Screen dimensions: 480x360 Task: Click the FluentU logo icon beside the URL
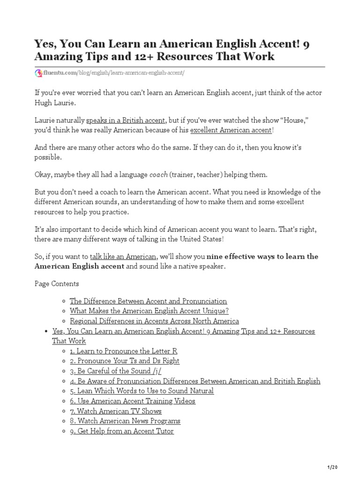[x=38, y=73]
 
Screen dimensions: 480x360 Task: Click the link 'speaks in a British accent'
[x=126, y=120]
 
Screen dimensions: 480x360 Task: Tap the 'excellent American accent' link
[x=231, y=130]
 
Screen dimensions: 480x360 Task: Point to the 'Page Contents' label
[x=57, y=284]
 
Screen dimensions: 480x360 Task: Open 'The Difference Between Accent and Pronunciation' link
[x=148, y=301]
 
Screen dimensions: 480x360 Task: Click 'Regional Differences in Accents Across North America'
[x=154, y=321]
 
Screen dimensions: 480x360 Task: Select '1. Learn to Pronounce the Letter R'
[x=123, y=351]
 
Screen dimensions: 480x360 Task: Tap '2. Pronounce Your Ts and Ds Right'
[x=124, y=361]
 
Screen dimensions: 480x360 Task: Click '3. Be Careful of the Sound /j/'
[x=117, y=371]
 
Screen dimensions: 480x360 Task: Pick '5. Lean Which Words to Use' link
[x=142, y=391]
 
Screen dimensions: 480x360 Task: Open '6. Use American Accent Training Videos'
[x=133, y=401]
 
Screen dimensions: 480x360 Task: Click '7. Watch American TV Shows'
[x=116, y=411]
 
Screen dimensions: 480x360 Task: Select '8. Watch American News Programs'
[x=125, y=421]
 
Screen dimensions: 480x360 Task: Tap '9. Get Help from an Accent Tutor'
[x=122, y=431]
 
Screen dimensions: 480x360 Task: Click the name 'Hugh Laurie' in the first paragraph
[x=54, y=103]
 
